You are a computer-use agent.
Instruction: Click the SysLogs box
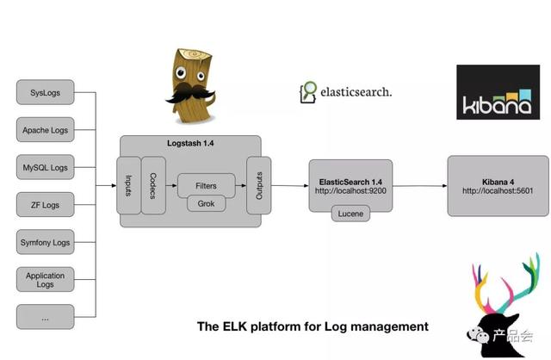(45, 92)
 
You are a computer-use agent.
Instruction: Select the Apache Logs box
(45, 130)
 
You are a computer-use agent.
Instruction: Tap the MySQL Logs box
(45, 167)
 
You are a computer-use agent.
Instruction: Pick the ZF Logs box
(45, 205)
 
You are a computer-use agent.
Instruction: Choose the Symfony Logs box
(45, 242)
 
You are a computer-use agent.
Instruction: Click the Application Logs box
(45, 279)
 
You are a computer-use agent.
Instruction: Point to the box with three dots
(45, 317)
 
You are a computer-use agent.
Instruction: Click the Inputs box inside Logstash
(129, 185)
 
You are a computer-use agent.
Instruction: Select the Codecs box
(153, 185)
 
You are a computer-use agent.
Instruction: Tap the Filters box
(206, 185)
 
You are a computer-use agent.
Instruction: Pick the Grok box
(206, 204)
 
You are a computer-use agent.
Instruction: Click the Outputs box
(259, 185)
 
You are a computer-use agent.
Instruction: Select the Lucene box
(350, 213)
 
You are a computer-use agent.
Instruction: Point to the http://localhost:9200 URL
(350, 190)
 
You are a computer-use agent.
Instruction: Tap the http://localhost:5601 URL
(498, 190)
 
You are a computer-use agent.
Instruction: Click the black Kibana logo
(498, 92)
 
